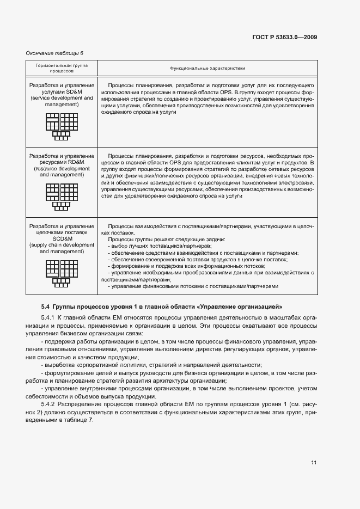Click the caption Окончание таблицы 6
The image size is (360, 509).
[55, 53]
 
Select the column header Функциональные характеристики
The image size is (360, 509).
[207, 69]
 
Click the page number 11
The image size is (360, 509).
[314, 463]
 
